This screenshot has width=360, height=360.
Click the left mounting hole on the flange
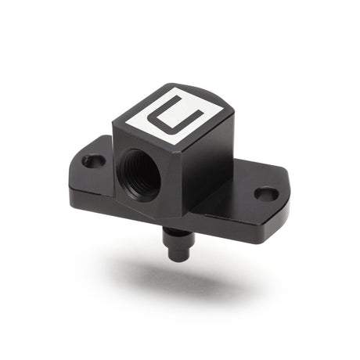click(x=93, y=161)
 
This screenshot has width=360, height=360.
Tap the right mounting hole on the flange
click(x=266, y=193)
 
